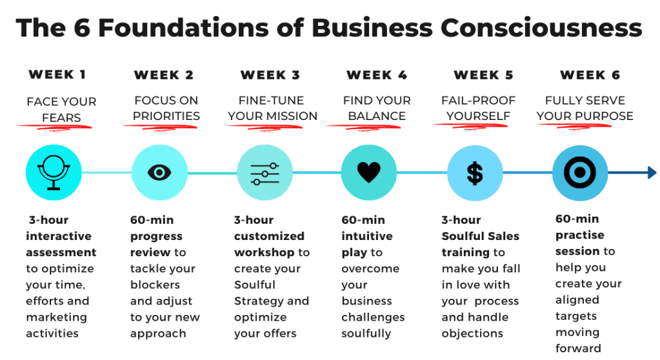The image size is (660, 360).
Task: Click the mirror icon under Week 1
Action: coord(54,172)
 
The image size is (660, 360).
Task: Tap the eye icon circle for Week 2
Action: coord(159,172)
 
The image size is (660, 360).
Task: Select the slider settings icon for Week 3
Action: coord(265,173)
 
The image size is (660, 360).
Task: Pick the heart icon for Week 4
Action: coord(369,172)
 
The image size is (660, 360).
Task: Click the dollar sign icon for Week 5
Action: coord(475,173)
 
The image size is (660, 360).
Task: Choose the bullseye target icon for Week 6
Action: coord(580,172)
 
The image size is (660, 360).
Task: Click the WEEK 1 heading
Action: coord(57,75)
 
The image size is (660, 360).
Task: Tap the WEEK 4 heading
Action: coord(377,75)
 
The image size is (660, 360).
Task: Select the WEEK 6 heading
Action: coord(590,75)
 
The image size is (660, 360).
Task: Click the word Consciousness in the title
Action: coord(541,28)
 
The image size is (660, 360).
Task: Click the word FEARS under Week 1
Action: coord(62,117)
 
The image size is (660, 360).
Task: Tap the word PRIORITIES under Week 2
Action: coord(166,116)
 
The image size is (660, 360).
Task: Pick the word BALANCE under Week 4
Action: coord(377,116)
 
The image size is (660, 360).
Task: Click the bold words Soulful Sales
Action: coord(480,236)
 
